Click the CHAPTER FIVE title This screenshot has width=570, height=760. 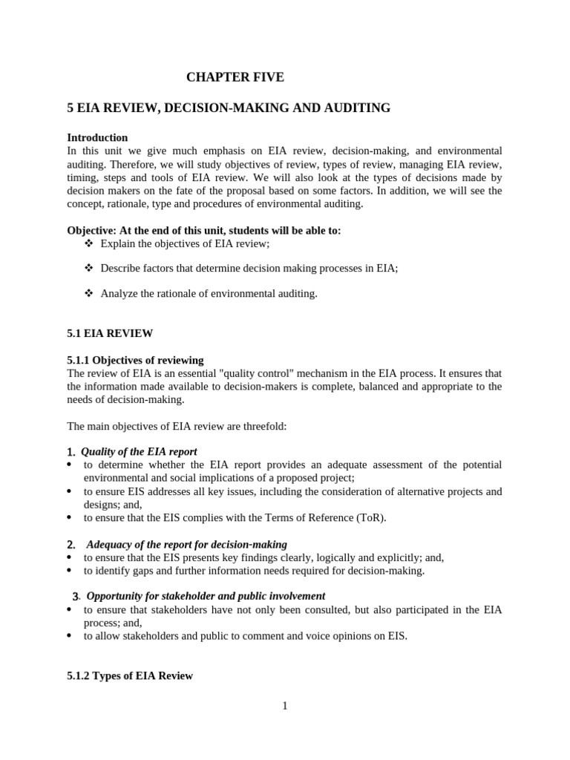tap(235, 77)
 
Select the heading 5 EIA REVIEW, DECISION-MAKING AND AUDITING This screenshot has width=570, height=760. tap(229, 108)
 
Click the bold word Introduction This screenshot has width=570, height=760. tap(97, 138)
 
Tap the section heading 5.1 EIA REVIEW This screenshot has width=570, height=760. tap(110, 333)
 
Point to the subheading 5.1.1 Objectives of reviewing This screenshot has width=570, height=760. tap(135, 360)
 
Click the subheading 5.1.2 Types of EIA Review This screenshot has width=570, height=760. tap(130, 675)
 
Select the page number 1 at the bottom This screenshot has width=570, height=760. tap(284, 706)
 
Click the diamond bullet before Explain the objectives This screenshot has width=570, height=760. tap(89, 243)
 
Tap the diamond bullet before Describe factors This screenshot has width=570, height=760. tap(89, 269)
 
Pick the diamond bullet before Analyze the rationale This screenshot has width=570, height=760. tap(89, 294)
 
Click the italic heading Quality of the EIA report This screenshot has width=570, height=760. tap(139, 451)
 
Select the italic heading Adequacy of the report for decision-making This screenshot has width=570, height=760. tap(186, 544)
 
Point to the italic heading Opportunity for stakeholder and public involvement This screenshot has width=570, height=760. tap(206, 596)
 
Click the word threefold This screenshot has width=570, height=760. tap(263, 426)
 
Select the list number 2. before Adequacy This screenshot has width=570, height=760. tap(71, 545)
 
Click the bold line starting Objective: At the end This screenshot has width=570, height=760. tap(204, 231)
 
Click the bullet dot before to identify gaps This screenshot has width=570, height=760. tap(70, 571)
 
